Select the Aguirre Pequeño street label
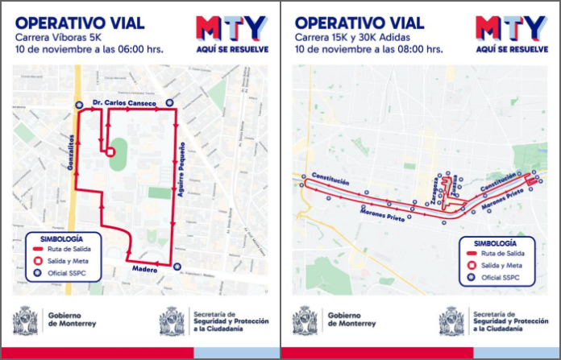click(184, 171)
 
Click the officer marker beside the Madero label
click(177, 268)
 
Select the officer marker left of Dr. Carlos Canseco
click(78, 104)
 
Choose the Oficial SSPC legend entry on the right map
click(497, 278)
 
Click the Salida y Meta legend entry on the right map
click(497, 266)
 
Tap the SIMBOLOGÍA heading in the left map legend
click(64, 238)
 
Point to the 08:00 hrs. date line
click(368, 48)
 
